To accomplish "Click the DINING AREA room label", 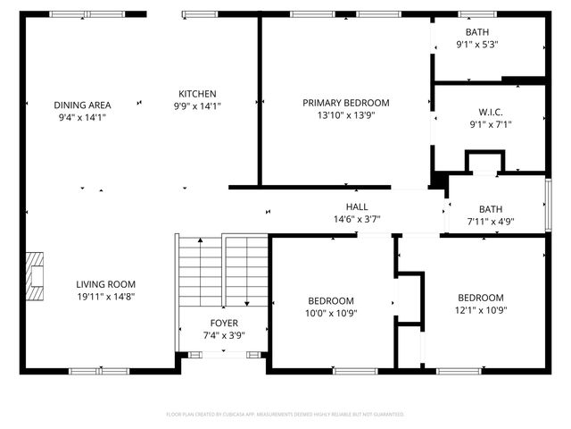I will tap(81, 105).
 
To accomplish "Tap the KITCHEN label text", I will tap(197, 94).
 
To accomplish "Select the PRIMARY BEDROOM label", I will tap(345, 103).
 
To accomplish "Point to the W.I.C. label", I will tap(490, 113).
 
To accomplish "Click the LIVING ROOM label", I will tap(105, 284).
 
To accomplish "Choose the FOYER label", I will tap(223, 324).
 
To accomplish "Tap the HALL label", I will tap(357, 207).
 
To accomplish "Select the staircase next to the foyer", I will tap(223, 269).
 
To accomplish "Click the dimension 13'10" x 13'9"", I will tap(345, 115).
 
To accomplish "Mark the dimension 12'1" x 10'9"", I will tap(480, 311).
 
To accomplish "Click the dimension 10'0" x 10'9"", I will tap(331, 314).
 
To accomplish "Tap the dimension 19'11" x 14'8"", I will tap(105, 297).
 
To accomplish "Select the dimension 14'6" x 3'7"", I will tap(357, 219).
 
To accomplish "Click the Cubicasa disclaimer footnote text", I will tap(285, 415).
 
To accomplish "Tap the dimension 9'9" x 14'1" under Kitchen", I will tap(197, 106).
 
